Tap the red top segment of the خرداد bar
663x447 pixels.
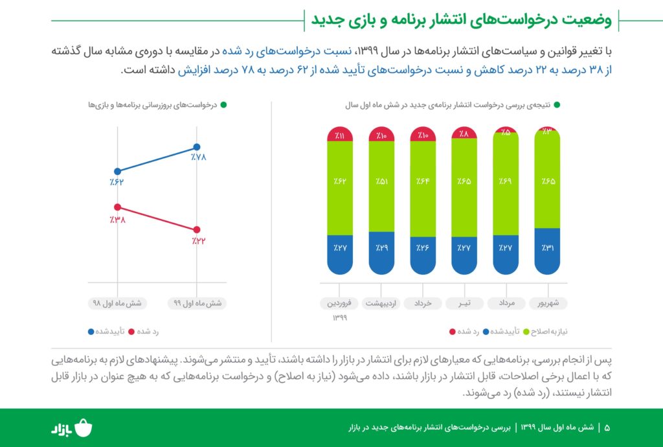(423, 134)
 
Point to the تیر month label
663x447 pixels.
(464, 303)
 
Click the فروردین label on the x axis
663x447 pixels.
(341, 303)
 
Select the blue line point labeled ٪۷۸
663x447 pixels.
(197, 147)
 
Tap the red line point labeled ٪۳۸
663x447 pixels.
(117, 207)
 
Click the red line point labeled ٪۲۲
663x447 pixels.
(197, 229)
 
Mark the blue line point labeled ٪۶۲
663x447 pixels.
(117, 170)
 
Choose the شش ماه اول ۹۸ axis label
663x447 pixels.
(117, 303)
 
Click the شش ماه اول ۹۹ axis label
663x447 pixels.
(197, 303)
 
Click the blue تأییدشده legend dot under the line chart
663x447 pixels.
(91, 331)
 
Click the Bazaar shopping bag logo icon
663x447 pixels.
(84, 428)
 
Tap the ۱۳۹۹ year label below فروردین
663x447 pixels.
(341, 317)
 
